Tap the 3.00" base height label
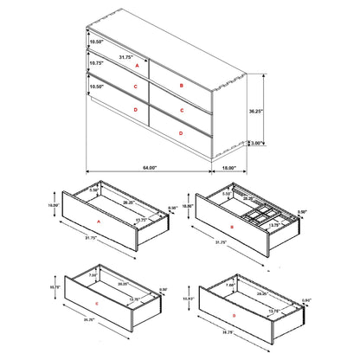point(258,144)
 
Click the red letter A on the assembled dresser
point(137,65)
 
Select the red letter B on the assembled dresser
point(181,86)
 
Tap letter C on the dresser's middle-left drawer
point(136,87)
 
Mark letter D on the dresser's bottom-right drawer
point(179,132)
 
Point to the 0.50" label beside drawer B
point(300,212)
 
